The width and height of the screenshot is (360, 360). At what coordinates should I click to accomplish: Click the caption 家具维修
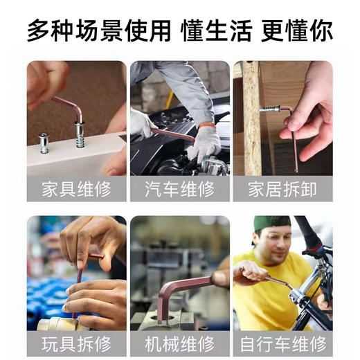(76, 189)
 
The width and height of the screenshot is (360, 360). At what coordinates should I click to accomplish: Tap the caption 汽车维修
(180, 189)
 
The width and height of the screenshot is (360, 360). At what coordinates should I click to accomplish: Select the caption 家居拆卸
(282, 189)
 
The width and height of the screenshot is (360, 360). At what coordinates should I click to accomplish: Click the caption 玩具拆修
(76, 343)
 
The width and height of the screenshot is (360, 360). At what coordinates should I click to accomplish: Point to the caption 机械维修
(180, 343)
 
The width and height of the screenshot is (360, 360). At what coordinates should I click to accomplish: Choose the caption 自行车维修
(282, 343)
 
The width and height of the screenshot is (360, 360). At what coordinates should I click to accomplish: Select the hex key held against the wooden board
(291, 132)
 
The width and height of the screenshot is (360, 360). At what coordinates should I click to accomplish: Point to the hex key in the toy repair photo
(82, 277)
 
